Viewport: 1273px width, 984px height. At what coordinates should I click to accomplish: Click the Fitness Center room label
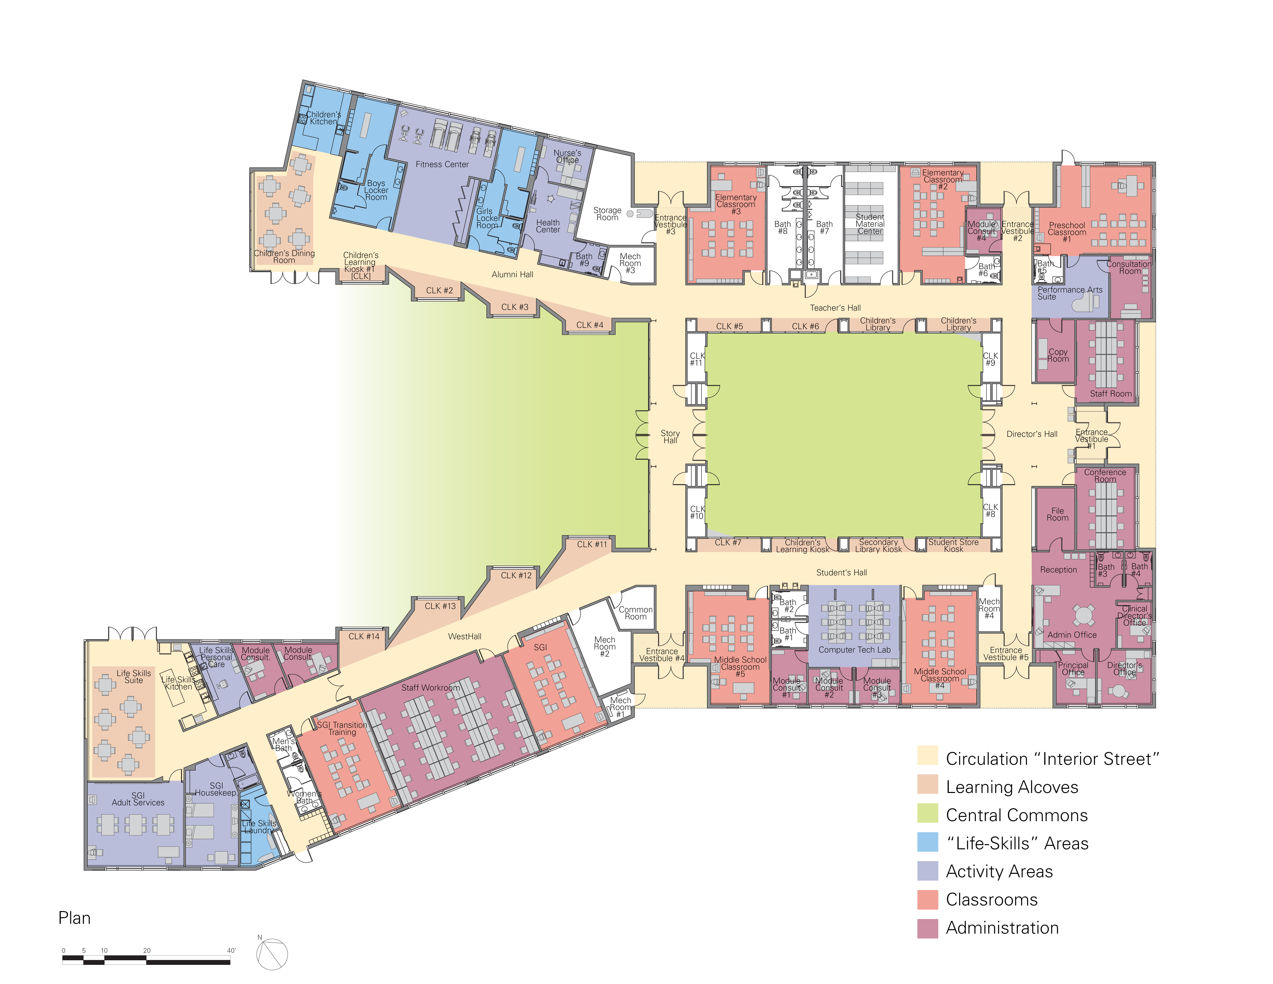[x=442, y=164]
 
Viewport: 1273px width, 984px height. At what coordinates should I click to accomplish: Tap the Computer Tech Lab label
[x=854, y=650]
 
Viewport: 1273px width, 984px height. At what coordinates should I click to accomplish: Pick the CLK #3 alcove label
[x=515, y=307]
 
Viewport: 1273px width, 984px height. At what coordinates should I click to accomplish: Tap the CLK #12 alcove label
[x=516, y=575]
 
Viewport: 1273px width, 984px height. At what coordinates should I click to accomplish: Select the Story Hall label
[x=670, y=437]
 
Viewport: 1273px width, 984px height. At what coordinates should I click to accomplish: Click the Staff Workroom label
[x=431, y=688]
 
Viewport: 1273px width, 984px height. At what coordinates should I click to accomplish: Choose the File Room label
[x=1057, y=514]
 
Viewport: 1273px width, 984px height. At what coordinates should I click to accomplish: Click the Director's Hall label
[x=1032, y=434]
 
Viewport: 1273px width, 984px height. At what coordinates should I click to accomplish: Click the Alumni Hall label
[x=512, y=275]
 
